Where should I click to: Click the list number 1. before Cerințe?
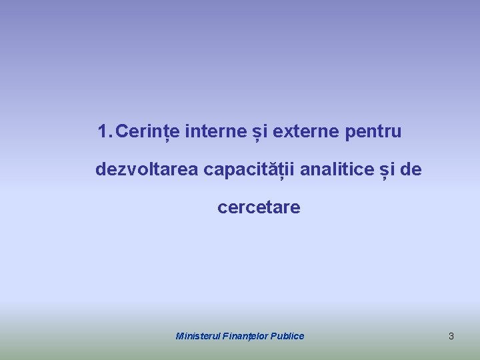[105, 132]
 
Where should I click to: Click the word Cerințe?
[147, 132]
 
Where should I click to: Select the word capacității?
[249, 169]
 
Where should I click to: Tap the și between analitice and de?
[387, 169]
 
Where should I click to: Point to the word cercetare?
[259, 207]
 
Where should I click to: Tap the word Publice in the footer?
[287, 336]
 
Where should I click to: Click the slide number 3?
[451, 336]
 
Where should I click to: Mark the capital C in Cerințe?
[122, 132]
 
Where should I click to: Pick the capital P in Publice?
[273, 336]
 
